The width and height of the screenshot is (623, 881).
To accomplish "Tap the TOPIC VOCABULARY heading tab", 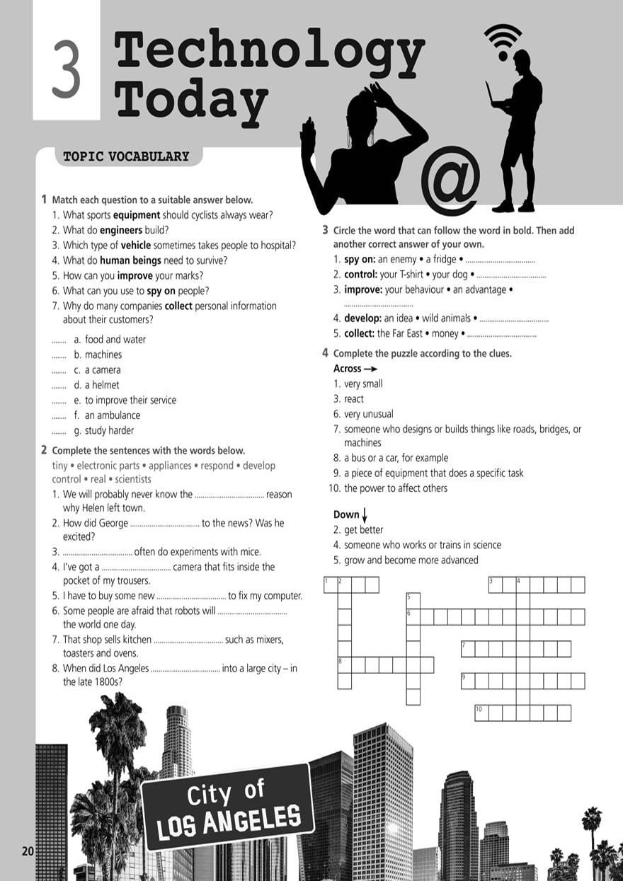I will tap(127, 156).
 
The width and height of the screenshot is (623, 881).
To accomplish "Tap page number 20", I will tap(28, 851).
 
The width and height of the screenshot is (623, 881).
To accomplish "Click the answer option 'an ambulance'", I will tap(113, 415).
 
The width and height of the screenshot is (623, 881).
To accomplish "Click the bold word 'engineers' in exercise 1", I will tap(121, 230).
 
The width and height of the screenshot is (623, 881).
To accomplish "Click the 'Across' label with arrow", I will tap(355, 369).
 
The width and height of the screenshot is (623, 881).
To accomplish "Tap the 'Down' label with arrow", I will tap(350, 514).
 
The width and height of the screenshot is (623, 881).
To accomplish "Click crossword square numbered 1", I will tap(331, 585).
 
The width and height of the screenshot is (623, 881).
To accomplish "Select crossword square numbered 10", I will tap(481, 713).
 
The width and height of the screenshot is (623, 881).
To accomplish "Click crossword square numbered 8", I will tap(345, 664).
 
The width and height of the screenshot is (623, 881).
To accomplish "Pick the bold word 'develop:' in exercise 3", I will tap(363, 318).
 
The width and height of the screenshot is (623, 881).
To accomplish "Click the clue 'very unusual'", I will tap(369, 414).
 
